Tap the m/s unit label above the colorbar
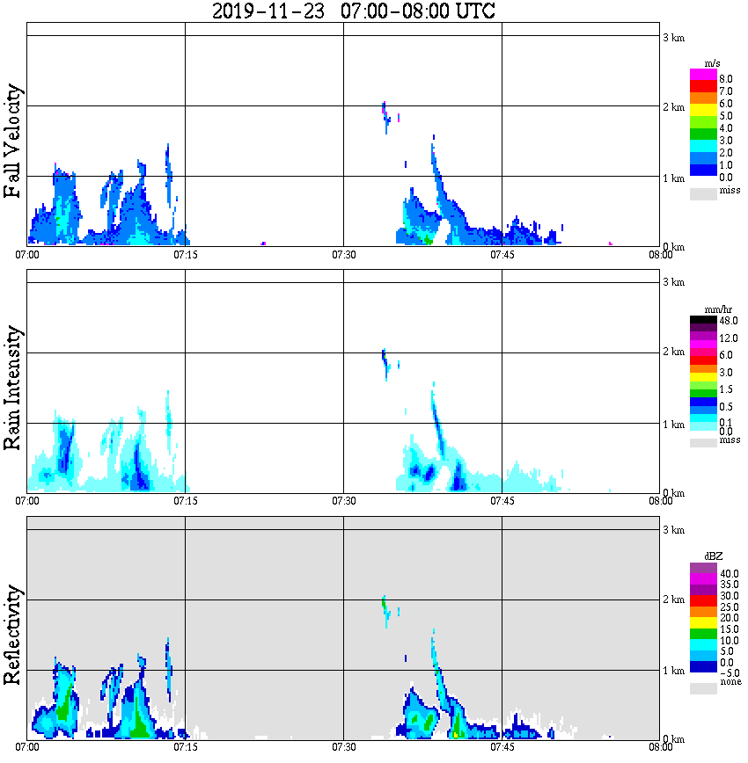click(714, 63)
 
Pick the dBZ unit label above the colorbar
click(714, 556)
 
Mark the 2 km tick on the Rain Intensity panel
click(672, 352)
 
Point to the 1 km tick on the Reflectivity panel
click(672, 670)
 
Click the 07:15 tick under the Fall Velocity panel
click(186, 255)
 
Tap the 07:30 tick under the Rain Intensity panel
click(344, 501)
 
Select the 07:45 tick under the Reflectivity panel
click(502, 747)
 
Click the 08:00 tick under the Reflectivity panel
click(661, 747)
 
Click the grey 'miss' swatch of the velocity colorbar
click(703, 194)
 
